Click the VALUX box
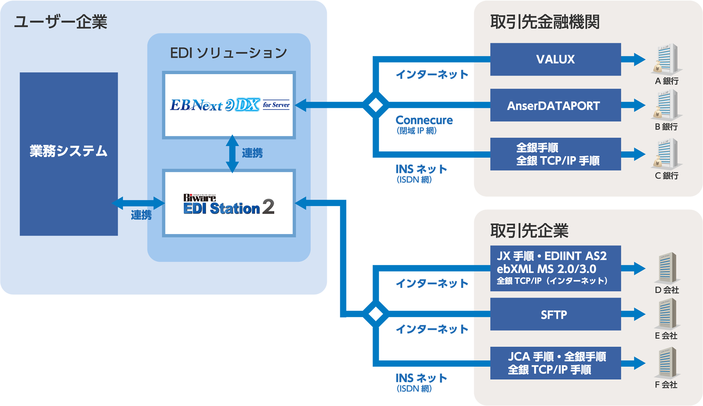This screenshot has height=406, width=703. point(555,59)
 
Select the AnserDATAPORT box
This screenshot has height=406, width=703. point(555,105)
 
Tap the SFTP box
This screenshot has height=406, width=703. point(555,314)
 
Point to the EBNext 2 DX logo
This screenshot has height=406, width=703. point(229,105)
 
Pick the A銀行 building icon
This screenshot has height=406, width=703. point(666,58)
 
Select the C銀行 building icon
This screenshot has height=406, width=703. point(666,153)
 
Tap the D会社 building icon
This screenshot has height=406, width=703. point(666,268)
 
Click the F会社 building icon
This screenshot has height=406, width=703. point(666,362)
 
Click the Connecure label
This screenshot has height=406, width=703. point(424,120)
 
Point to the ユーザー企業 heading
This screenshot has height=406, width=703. point(60,22)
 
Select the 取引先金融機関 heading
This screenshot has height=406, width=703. point(545,22)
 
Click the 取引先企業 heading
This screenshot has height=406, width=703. point(529,231)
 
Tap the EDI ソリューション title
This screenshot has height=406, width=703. point(228,53)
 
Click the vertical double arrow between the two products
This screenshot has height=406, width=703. point(232,154)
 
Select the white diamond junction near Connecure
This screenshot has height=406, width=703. point(375,105)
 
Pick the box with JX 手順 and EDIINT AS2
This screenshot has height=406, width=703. point(555,268)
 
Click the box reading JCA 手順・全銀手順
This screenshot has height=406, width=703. point(555,363)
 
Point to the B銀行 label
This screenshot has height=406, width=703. point(666,127)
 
